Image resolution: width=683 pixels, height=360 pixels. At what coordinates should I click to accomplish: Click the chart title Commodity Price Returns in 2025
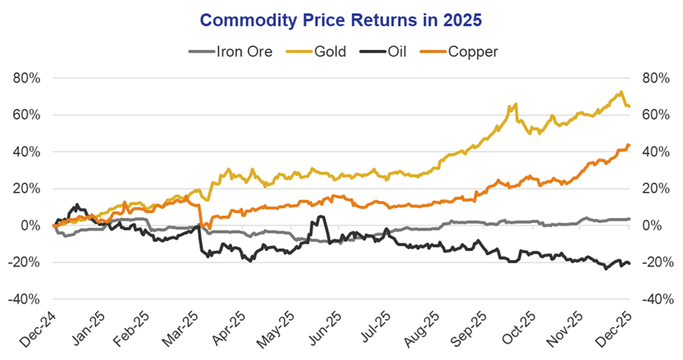point(341,18)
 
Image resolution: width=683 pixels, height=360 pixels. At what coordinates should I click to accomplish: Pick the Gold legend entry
point(328,51)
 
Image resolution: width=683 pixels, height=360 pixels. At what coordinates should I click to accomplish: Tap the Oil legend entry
point(397,51)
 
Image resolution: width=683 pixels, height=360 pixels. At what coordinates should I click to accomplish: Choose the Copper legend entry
point(470,51)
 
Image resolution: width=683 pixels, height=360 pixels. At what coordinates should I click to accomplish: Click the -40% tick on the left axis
point(25,299)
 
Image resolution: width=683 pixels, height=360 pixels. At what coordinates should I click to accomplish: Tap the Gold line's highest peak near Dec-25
point(622,92)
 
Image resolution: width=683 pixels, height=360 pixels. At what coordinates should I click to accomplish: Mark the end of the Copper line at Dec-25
point(628,145)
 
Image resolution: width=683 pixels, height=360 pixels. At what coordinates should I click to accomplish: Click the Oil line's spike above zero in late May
point(321,216)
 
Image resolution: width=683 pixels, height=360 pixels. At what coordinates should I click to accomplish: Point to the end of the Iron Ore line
point(628,219)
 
